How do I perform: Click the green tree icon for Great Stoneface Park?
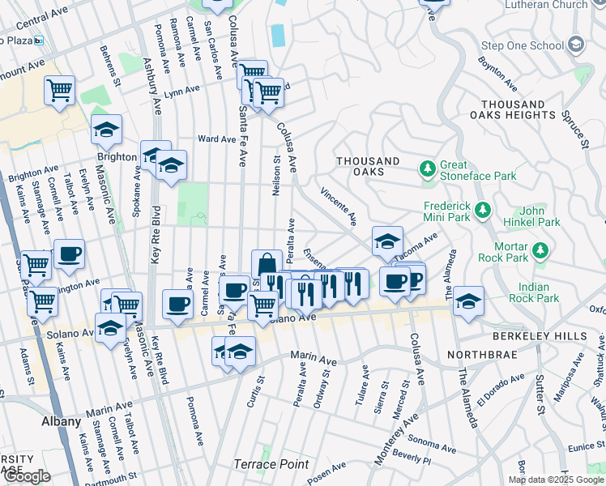click(x=427, y=169)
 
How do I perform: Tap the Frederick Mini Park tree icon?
click(x=483, y=211)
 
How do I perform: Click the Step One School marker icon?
click(x=577, y=44)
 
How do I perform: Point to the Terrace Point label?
click(x=271, y=464)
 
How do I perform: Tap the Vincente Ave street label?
click(x=339, y=207)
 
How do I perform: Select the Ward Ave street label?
click(x=216, y=139)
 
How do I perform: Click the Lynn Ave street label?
click(x=181, y=91)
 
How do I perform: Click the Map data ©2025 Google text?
click(x=556, y=480)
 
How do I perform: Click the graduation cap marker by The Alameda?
click(x=468, y=301)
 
